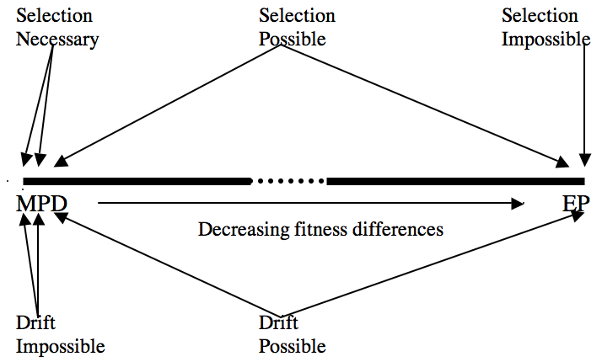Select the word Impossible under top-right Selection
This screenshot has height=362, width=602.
(x=546, y=39)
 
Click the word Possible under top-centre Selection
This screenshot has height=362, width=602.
(x=292, y=39)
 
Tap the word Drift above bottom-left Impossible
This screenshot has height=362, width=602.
(x=35, y=323)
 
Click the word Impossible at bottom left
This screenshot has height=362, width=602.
(x=61, y=345)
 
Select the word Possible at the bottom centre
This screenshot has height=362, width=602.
(x=292, y=345)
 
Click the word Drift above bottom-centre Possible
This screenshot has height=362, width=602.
(x=278, y=323)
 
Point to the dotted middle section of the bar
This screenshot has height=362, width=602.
(x=289, y=180)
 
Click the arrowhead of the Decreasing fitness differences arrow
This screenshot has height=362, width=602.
(x=518, y=203)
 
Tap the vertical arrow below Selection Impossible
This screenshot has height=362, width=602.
(x=584, y=101)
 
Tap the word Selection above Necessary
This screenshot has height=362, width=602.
(x=55, y=17)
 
